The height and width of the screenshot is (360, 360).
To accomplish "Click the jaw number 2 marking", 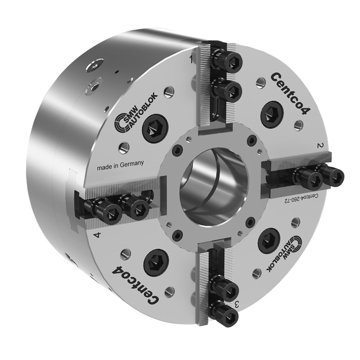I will (319, 145).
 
